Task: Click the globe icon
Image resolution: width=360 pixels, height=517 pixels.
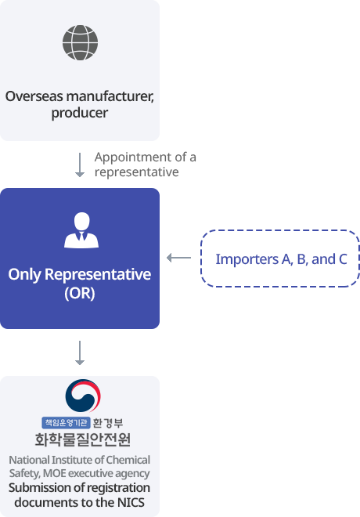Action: tap(80, 42)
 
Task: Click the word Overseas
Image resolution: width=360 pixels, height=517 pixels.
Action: tap(34, 96)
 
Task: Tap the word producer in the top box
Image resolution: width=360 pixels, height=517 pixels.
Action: tap(80, 113)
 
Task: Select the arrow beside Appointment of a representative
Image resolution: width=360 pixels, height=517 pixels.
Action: tap(80, 164)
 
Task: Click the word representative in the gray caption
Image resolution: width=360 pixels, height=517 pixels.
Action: tap(137, 172)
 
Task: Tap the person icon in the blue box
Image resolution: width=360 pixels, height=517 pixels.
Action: tap(81, 230)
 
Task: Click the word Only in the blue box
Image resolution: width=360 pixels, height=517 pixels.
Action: tap(25, 275)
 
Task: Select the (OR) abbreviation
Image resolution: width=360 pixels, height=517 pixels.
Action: tap(80, 293)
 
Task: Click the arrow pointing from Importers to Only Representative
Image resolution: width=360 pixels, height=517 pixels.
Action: tap(179, 258)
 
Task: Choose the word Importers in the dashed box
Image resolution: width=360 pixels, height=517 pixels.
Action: tap(247, 259)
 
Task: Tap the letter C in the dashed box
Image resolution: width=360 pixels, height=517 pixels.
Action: tap(343, 259)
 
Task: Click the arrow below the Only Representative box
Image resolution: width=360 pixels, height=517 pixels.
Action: tap(80, 352)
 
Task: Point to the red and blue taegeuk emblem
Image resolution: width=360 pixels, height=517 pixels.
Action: tap(83, 396)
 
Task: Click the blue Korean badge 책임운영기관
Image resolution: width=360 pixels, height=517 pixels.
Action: tap(66, 422)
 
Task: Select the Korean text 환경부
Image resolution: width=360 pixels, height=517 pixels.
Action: tap(108, 423)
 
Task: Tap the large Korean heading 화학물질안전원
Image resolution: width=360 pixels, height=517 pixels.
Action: tap(83, 439)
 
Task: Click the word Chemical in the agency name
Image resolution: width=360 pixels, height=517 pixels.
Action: tap(128, 460)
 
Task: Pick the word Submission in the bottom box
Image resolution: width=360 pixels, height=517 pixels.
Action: tap(37, 488)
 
